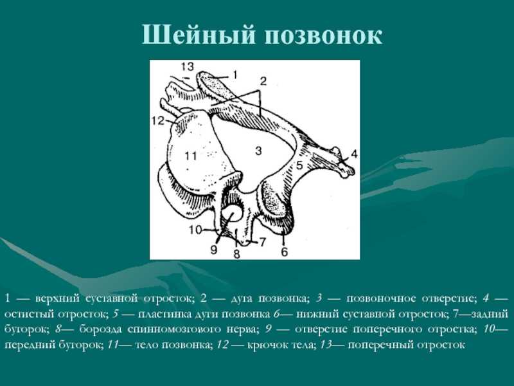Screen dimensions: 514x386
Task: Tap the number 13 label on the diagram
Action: pos(187,67)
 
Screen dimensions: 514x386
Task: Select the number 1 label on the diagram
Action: pos(234,75)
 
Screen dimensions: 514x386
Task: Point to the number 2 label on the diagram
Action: pos(263,81)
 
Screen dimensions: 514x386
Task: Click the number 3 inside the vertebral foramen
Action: pos(258,151)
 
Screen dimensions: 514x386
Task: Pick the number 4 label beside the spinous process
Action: pos(354,154)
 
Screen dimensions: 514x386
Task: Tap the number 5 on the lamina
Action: pos(299,165)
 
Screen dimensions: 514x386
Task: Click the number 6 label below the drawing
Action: pos(284,252)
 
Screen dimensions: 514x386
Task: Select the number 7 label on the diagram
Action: pos(262,243)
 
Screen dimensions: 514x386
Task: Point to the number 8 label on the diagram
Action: pos(236,254)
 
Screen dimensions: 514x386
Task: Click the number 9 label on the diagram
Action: pos(214,250)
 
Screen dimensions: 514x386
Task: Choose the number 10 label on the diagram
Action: pos(195,230)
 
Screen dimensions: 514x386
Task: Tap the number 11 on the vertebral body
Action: pos(190,155)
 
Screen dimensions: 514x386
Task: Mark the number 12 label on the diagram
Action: pos(157,121)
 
